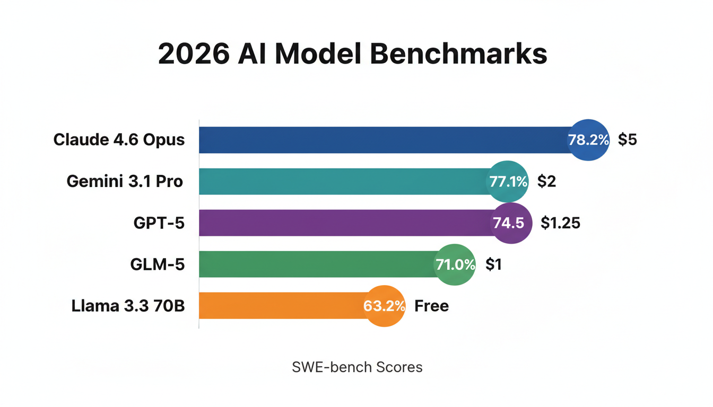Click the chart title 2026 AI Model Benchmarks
coord(353,55)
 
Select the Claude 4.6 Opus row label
coord(119,140)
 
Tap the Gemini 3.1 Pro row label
coord(125,181)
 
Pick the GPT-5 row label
coord(159,223)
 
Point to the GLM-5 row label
coord(158,264)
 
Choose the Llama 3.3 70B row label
coord(128,306)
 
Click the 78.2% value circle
coord(588,140)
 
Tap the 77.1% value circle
coord(508,182)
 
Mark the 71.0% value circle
coord(455,264)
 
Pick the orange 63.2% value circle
coord(385,306)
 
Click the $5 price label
coord(627,140)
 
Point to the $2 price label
coord(546,182)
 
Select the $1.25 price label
coord(560,223)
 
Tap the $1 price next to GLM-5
coord(493,264)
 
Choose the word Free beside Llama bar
coord(431,306)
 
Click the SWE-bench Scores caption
coord(357,367)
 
